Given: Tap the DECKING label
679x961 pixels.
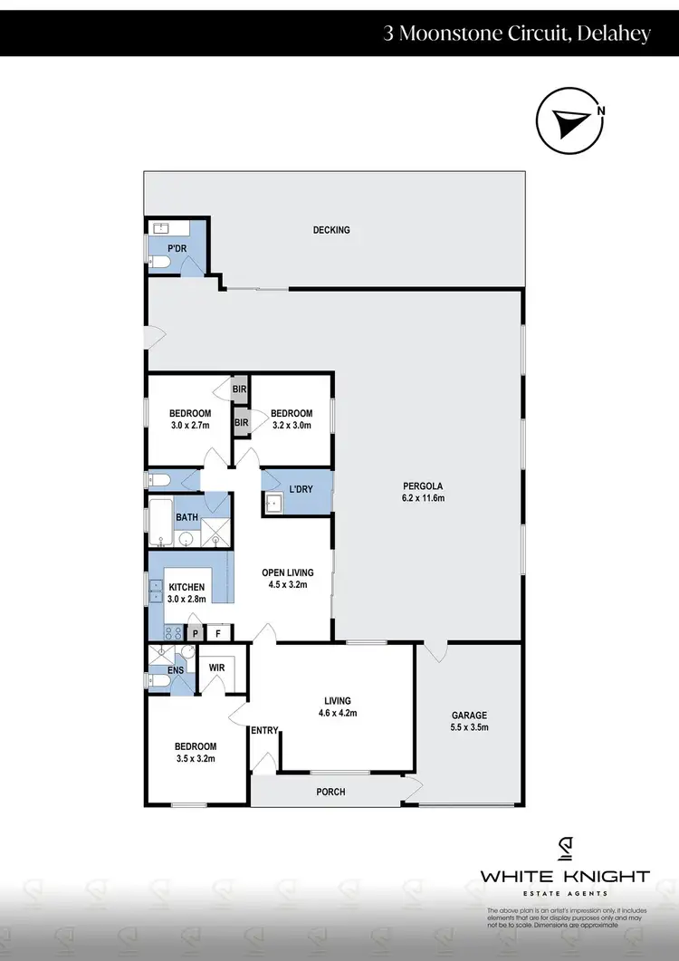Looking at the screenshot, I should pyautogui.click(x=331, y=230).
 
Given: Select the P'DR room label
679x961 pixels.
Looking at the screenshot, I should pyautogui.click(x=176, y=247).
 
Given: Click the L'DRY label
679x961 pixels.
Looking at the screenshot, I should pyautogui.click(x=301, y=489).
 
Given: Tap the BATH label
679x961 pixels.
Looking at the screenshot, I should pyautogui.click(x=186, y=518).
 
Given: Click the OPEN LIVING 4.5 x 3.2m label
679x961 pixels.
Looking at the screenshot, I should pyautogui.click(x=287, y=578).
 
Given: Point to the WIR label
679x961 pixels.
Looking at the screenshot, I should pyautogui.click(x=216, y=668).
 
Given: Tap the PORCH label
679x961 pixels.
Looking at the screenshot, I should pyautogui.click(x=330, y=792).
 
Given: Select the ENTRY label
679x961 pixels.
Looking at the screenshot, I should pyautogui.click(x=264, y=731).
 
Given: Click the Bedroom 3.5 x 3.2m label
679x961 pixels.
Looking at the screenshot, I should pyautogui.click(x=196, y=753).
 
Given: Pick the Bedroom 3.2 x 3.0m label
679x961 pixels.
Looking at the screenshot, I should pyautogui.click(x=292, y=419).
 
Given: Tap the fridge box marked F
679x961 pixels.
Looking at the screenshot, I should pyautogui.click(x=218, y=632).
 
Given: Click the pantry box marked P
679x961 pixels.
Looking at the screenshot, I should pyautogui.click(x=195, y=632).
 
